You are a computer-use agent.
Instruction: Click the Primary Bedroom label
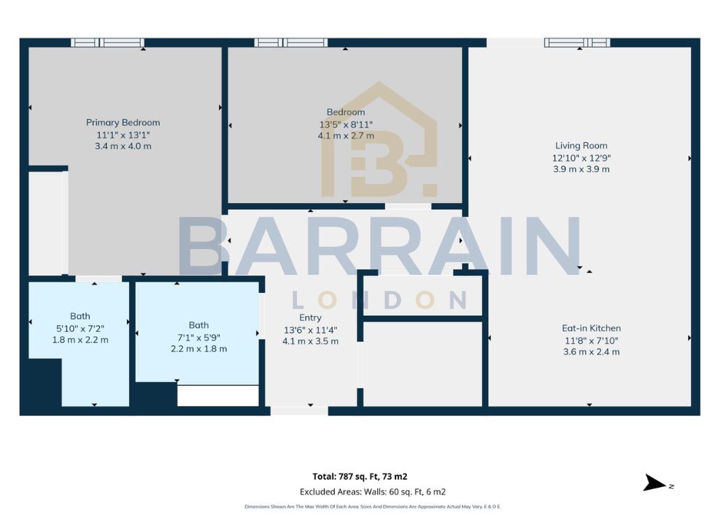point(123,123)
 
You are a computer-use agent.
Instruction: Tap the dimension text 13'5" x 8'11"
point(346,124)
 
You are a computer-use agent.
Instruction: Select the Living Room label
point(581,146)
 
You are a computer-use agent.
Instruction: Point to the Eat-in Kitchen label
point(591,328)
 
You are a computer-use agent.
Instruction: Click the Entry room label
point(310,318)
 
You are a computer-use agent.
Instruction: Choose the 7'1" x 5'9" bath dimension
point(199,338)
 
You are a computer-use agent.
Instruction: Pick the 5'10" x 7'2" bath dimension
point(80,329)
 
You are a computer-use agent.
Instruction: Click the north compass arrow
point(655,483)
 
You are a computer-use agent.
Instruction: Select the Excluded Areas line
point(372,492)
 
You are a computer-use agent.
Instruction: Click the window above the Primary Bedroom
point(107,43)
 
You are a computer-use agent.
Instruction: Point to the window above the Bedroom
point(291,43)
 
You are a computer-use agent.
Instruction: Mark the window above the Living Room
point(577,43)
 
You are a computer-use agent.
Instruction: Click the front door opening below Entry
point(299,411)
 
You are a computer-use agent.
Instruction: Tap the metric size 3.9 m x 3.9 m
point(581,169)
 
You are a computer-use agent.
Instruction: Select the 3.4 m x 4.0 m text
point(123,146)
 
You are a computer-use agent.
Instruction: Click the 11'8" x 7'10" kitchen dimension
point(591,340)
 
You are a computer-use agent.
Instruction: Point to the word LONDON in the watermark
point(379,300)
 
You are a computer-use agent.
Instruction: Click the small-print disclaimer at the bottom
point(372,506)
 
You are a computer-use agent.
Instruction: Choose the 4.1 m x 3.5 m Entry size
point(310,341)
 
